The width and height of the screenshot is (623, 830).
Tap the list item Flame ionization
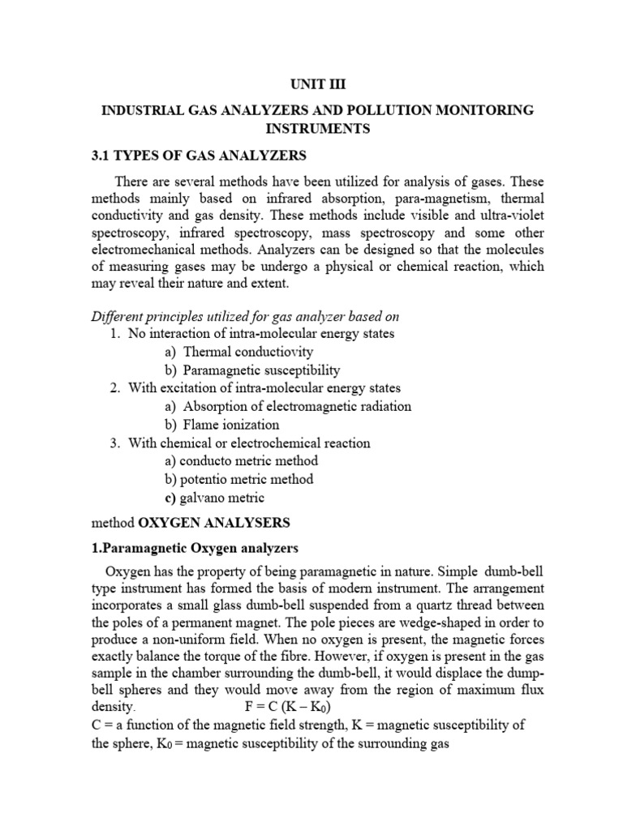231,425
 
